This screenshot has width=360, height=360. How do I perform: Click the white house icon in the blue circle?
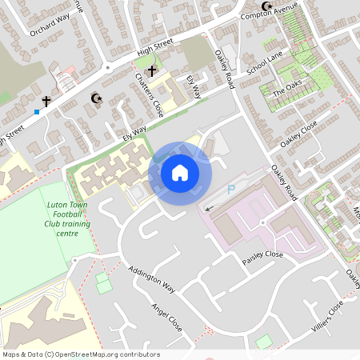180,172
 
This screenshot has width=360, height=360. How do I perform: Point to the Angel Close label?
166,318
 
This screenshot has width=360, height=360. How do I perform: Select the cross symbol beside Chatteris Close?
152,71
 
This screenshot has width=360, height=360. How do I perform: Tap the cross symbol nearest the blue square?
46,102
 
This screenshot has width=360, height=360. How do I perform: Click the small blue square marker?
37,112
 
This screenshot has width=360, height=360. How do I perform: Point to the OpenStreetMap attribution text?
81,354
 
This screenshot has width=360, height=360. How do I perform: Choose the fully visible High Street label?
155,51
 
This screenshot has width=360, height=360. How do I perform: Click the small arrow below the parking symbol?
209,207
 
